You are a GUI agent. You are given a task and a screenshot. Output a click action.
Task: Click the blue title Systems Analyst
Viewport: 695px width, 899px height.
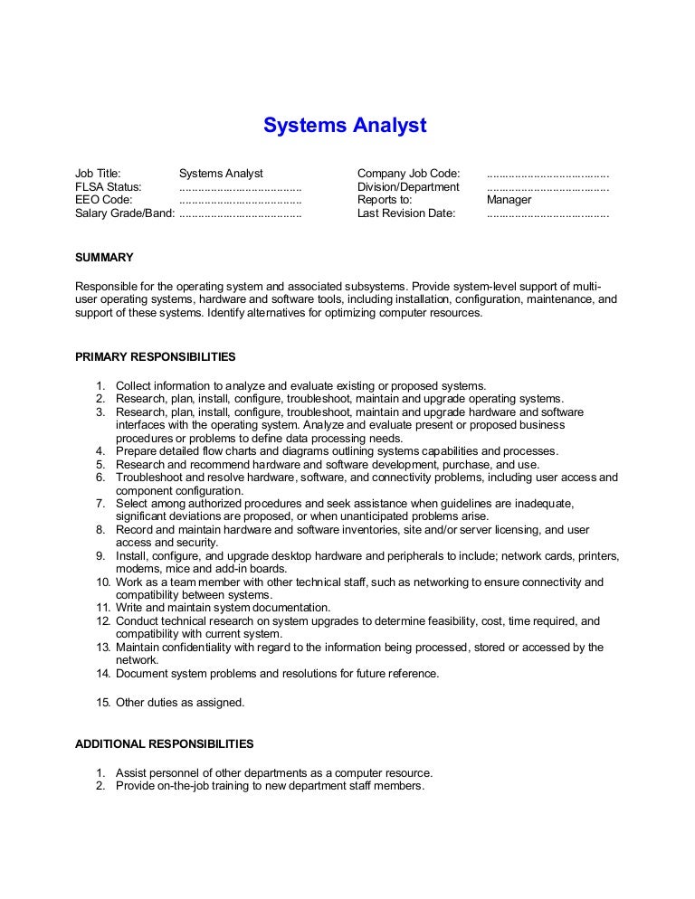click(345, 125)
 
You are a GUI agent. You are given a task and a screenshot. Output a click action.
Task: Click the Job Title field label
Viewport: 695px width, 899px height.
click(98, 173)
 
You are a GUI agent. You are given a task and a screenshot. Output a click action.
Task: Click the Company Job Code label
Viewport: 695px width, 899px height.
click(409, 173)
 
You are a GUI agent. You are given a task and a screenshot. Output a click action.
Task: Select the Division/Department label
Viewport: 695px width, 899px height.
click(408, 186)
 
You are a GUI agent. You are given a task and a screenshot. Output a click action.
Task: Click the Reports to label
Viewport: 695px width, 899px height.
click(385, 200)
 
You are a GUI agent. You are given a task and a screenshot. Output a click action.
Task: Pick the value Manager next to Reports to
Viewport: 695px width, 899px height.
click(509, 200)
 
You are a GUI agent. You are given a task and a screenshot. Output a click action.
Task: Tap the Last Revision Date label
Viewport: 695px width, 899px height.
click(406, 213)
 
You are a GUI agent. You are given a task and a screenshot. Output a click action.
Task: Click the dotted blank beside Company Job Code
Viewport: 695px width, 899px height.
click(547, 173)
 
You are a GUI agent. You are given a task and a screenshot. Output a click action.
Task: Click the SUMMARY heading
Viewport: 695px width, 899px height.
click(104, 257)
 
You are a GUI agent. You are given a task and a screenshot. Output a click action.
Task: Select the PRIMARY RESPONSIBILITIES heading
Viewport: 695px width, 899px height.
click(155, 355)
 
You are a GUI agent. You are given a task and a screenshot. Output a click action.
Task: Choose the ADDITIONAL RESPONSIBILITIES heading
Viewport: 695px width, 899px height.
click(164, 743)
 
